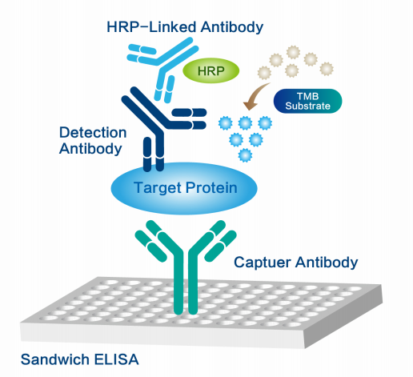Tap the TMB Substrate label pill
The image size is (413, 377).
[307, 100]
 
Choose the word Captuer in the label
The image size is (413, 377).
[261, 262]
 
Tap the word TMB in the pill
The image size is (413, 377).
[307, 94]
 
